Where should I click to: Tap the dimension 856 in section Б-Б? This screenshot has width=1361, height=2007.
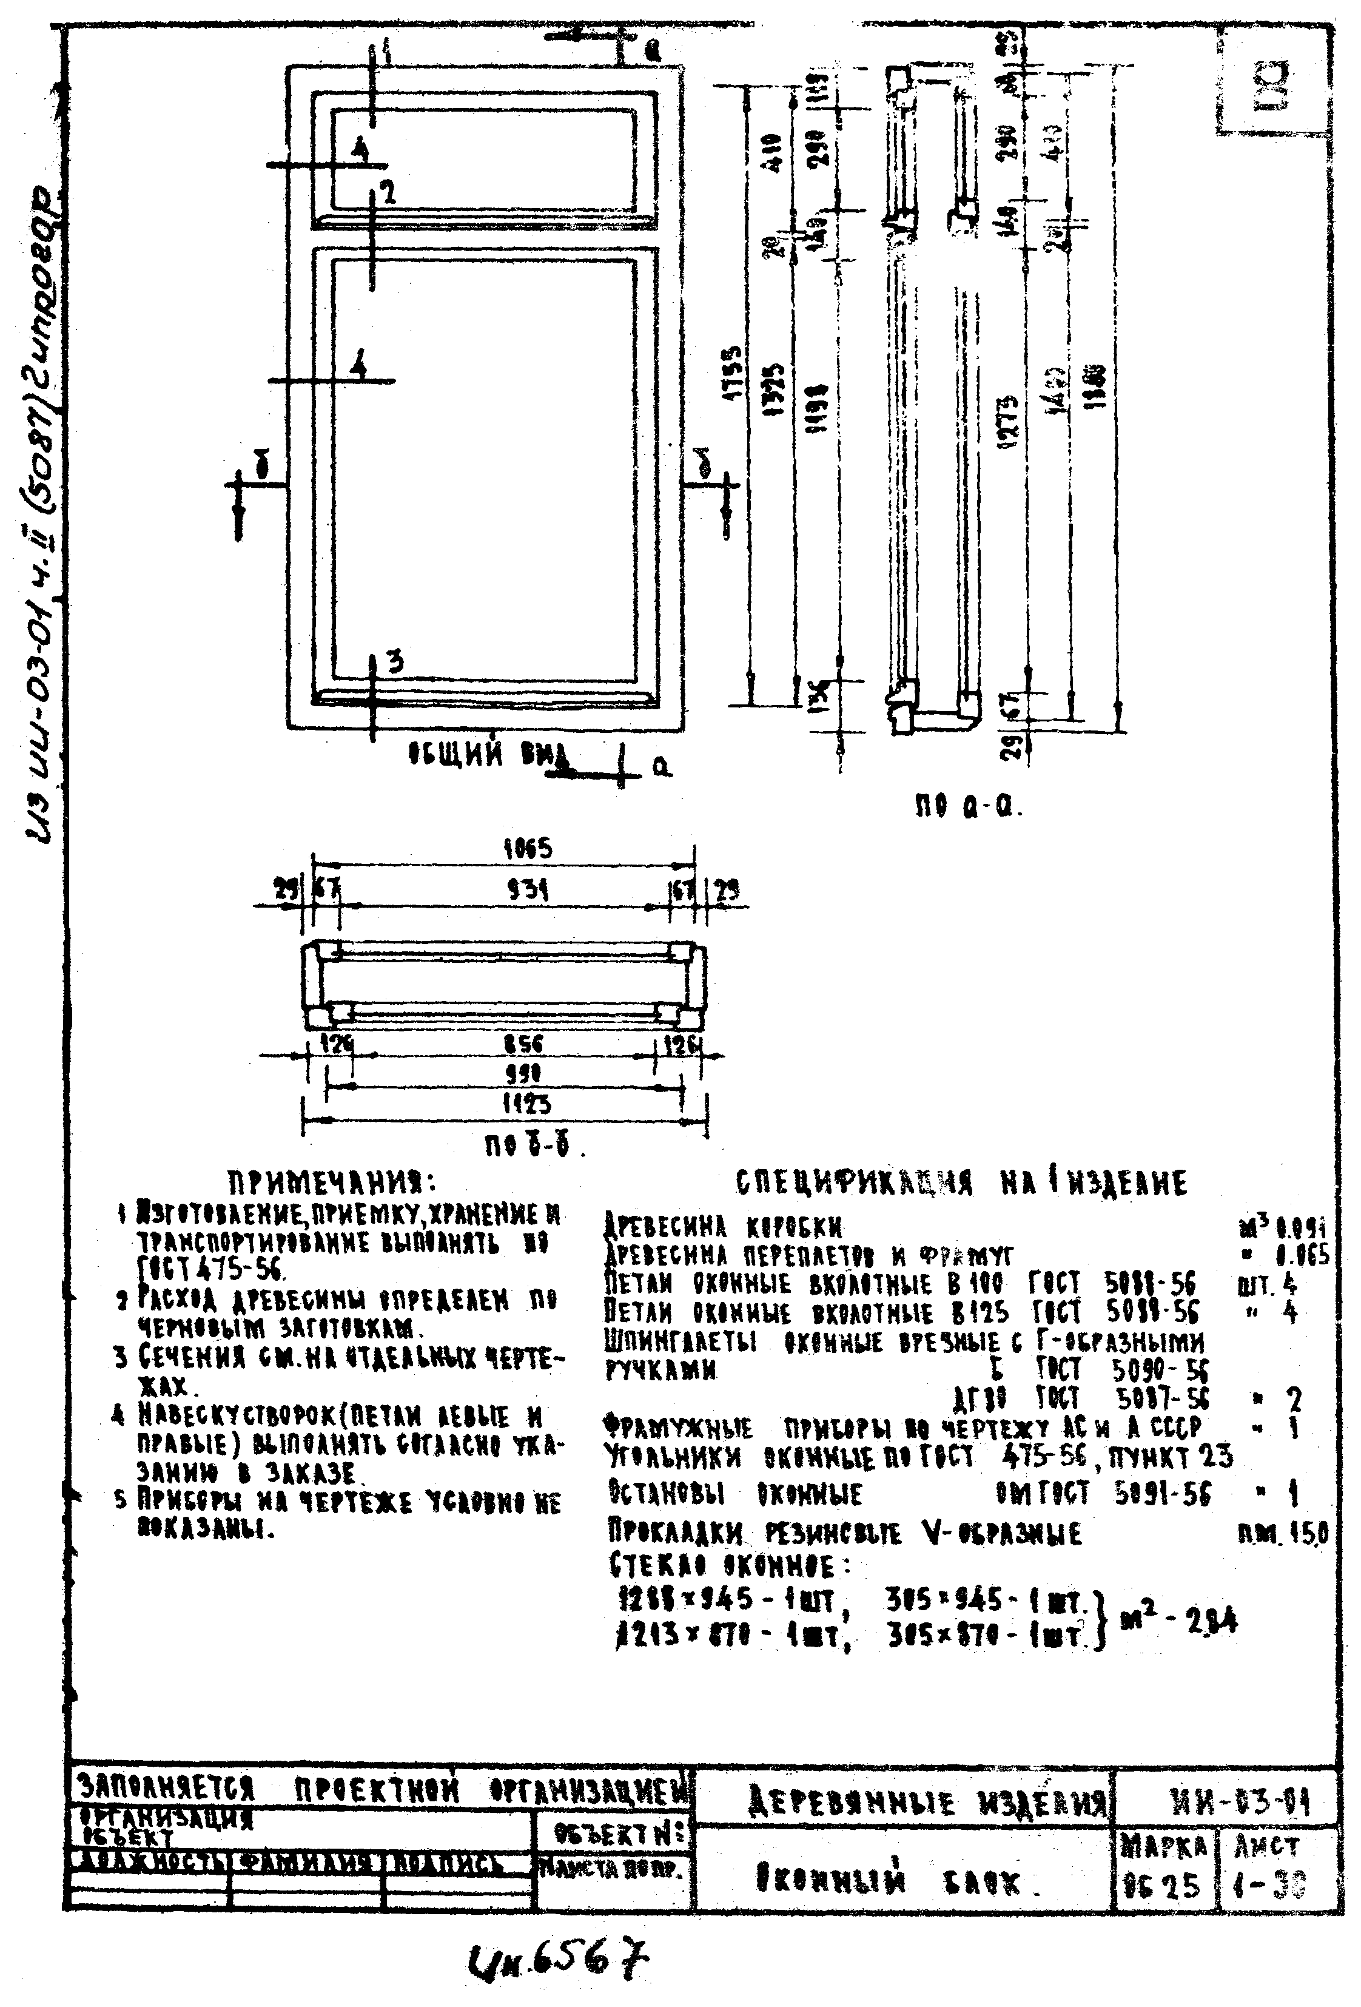(x=523, y=1044)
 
